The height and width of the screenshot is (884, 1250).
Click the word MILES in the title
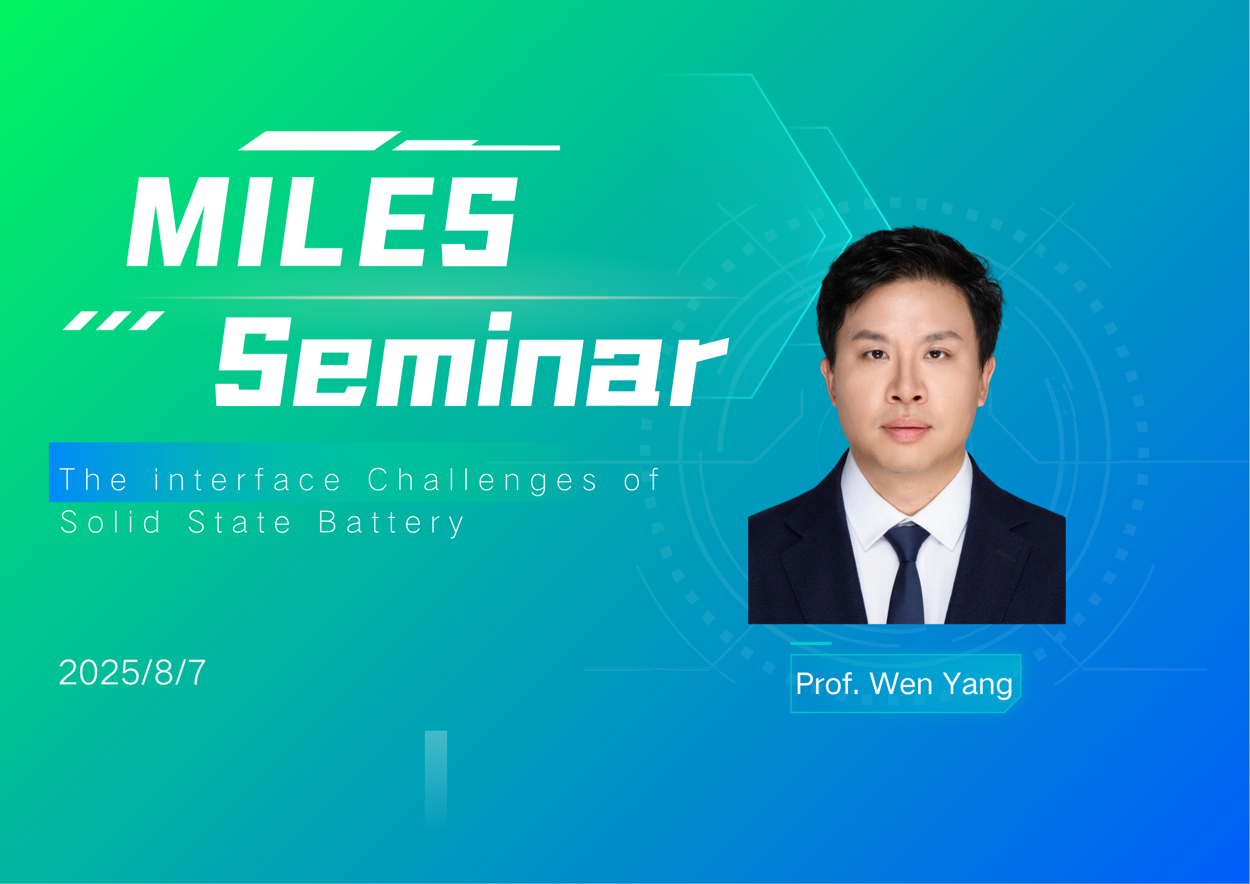tap(322, 222)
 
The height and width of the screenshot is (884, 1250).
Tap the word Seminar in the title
tap(472, 359)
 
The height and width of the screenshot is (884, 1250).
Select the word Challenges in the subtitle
tap(483, 480)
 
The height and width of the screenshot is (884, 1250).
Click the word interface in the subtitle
tap(247, 480)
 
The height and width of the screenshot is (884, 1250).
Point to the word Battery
tap(391, 522)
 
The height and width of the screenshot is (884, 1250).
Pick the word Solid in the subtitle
tap(110, 522)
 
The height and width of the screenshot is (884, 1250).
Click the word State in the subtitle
tap(239, 522)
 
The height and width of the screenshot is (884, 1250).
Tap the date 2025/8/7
tap(132, 672)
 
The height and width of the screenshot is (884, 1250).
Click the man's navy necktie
tap(907, 573)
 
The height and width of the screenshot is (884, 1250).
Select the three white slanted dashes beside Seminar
tap(114, 321)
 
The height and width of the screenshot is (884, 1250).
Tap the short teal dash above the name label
tap(811, 643)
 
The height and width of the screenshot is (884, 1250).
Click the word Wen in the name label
tap(901, 683)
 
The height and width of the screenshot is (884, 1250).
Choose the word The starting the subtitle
tap(94, 480)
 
